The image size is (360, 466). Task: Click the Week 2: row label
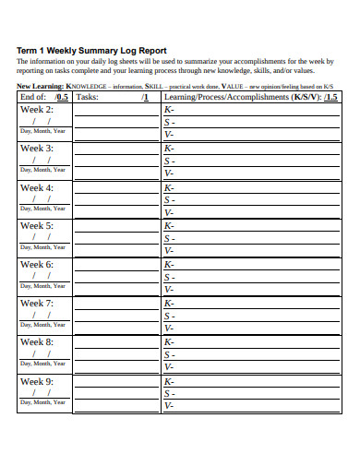pos(37,109)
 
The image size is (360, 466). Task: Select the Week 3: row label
pos(37,148)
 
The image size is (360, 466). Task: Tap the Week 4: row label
pos(37,187)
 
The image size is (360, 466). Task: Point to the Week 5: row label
pos(37,225)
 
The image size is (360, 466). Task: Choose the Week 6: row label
pos(37,264)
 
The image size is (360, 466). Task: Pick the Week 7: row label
pos(37,303)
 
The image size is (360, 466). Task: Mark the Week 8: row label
pos(37,341)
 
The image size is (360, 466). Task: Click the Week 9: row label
pos(37,380)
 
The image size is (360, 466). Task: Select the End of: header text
pos(32,96)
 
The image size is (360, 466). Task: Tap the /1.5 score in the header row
pos(330,96)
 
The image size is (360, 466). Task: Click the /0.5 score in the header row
pos(61,96)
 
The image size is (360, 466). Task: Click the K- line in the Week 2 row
pos(169,109)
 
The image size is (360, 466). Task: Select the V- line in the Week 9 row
pos(169,406)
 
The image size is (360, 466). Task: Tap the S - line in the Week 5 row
pos(170,238)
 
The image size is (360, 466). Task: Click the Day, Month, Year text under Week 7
pos(43,325)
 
